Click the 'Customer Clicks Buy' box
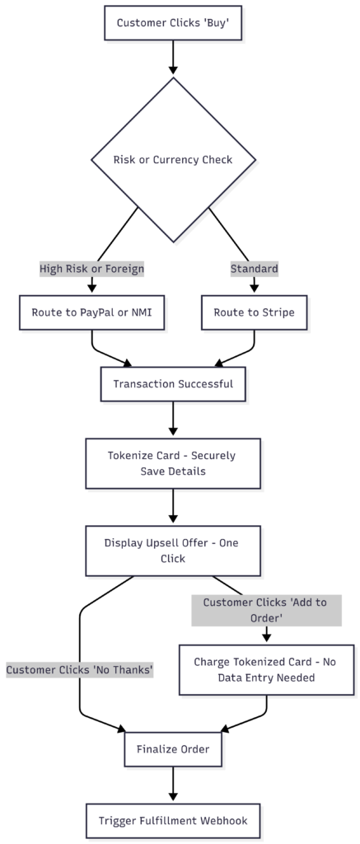pos(173,23)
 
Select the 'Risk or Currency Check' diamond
pos(173,160)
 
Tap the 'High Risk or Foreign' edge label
pos(91,268)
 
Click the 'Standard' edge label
pos(254,268)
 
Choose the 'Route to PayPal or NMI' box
pos(91,312)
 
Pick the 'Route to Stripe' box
pos(254,312)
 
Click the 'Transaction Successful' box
pos(173,383)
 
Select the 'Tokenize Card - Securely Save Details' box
pos(173,462)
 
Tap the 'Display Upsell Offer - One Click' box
pos(173,551)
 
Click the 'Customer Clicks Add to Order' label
pos(265,610)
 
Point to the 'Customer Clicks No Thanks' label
pos(80,670)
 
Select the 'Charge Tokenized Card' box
pos(265,670)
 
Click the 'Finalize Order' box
pos(173,749)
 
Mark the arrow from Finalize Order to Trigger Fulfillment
pos(173,785)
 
